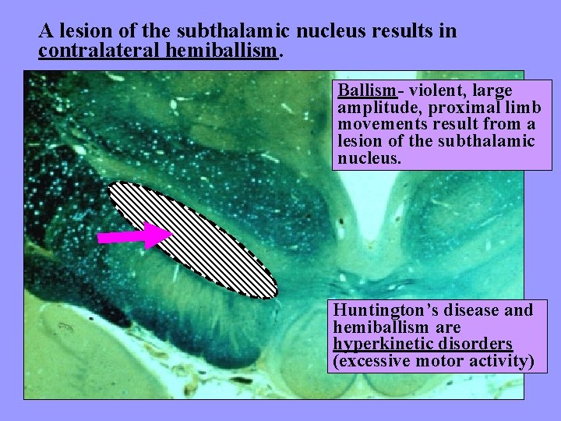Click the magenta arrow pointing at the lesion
point(134,235)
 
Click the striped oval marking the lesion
point(192,239)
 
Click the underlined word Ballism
point(365,90)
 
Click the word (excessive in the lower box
point(371,361)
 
